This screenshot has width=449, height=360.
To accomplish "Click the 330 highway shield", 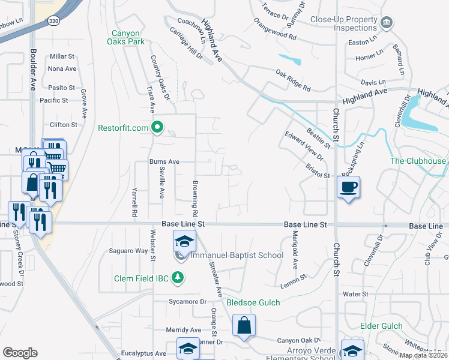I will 53,20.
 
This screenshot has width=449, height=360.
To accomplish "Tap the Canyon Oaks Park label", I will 126,37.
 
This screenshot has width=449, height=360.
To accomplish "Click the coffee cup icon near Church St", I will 349,187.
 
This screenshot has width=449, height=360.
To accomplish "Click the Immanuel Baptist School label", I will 237,256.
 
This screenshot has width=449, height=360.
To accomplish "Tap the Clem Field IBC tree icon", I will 177,277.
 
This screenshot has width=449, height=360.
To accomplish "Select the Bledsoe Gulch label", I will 253,302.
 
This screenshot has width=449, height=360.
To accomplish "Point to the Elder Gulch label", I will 381,326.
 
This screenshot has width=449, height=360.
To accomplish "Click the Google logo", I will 20,353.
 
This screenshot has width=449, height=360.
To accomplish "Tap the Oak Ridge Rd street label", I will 293,80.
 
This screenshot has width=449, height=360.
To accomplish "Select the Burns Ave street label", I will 164,161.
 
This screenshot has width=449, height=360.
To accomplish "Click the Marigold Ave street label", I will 295,256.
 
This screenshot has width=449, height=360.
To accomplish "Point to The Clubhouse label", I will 418,161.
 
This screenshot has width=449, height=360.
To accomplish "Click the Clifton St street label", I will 64,125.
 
